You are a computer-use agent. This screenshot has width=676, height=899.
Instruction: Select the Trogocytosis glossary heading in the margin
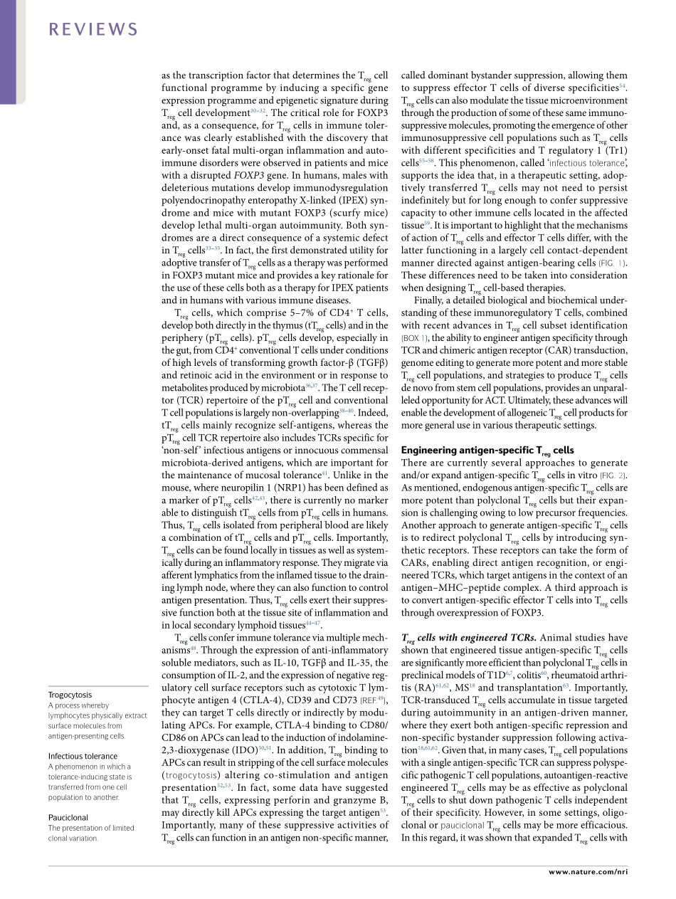[x=70, y=694]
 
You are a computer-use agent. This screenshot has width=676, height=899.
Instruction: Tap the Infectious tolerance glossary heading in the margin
[x=83, y=756]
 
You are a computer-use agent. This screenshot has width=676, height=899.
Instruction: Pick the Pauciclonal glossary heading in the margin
[x=68, y=817]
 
